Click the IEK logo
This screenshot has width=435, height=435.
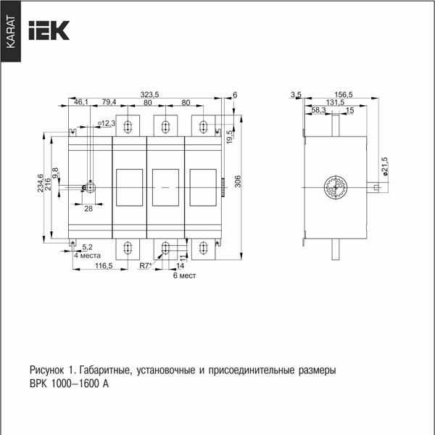pos(49,30)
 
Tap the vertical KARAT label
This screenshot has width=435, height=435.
pos(11,32)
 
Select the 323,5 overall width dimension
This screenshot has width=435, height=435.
pos(149,94)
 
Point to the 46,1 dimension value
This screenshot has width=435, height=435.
pos(81,102)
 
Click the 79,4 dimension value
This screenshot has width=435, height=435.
pos(109,102)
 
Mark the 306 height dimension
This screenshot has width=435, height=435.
pos(238,181)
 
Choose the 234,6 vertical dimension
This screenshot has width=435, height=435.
pos(40,183)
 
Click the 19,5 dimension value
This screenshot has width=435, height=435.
pos(230,137)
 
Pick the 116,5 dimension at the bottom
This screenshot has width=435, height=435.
pos(104,266)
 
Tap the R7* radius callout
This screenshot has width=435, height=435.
pos(146,266)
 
